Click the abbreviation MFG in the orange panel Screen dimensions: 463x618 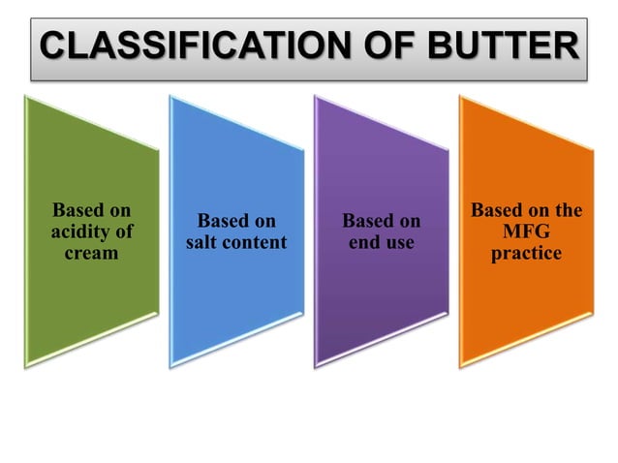tap(526, 232)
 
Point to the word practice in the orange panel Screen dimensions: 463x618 tap(526, 253)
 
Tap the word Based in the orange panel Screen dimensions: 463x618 tap(497, 211)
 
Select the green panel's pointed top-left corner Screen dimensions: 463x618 tap(27, 96)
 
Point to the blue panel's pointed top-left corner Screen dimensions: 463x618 tap(171, 96)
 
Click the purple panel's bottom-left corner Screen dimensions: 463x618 tap(317, 366)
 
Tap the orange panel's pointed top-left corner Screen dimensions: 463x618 tap(461, 96)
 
